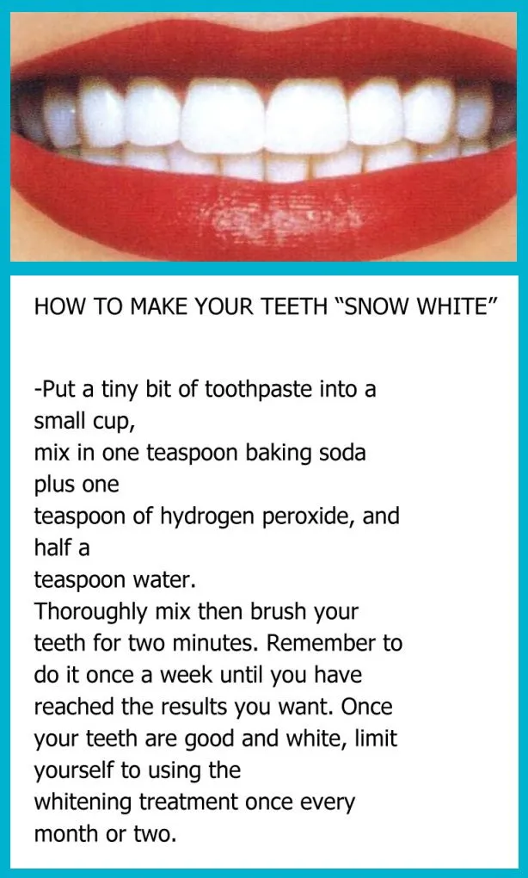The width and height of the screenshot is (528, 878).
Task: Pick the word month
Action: (65, 833)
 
